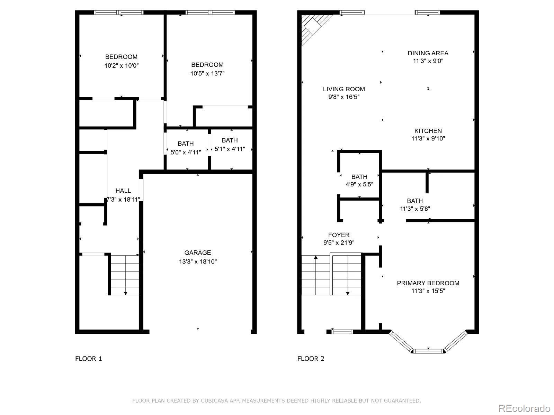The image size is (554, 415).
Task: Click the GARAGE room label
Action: coord(197,253)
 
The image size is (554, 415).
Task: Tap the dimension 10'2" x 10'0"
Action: coord(122,65)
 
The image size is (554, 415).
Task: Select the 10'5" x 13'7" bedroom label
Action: coord(207,65)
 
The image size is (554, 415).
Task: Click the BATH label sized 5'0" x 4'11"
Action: coord(186,144)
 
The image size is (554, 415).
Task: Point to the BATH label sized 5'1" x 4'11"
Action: coord(230,140)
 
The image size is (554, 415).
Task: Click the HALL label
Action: coord(123,191)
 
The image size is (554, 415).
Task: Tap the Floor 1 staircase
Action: coord(125,275)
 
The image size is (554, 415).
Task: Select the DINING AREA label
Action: coord(428,53)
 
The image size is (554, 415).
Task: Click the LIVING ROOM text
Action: coord(344,89)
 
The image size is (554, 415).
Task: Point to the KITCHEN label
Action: coord(428,131)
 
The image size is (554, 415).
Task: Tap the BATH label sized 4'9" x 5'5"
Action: coord(359,177)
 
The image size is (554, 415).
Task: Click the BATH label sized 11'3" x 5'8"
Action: coord(415,201)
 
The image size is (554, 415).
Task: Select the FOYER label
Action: coord(339,235)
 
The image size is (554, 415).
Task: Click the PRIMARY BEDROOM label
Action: coord(428,283)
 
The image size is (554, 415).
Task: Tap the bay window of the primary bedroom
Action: coord(428,351)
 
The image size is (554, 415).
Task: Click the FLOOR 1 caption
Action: coord(89,359)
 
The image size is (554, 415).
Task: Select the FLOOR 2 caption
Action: coord(311,359)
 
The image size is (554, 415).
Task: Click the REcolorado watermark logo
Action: coord(524,408)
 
